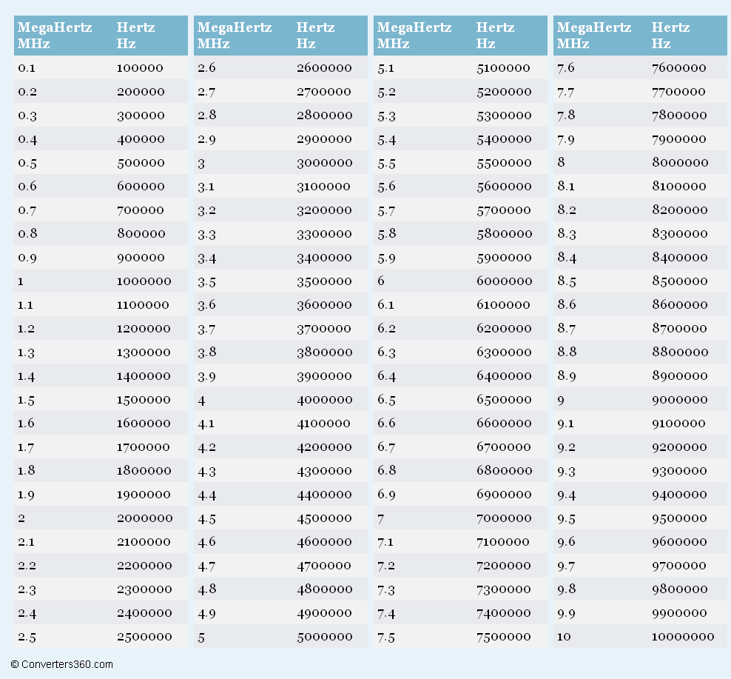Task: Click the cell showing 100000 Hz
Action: click(140, 68)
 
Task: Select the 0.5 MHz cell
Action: click(27, 163)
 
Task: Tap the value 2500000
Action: click(144, 637)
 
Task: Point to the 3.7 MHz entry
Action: click(206, 329)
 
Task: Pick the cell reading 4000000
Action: click(325, 400)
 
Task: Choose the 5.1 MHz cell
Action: click(386, 68)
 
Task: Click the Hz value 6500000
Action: click(504, 400)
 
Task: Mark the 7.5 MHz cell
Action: click(386, 637)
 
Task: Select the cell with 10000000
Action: click(683, 637)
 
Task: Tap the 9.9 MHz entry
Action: click(566, 613)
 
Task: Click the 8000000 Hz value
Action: click(680, 163)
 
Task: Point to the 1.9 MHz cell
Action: click(26, 495)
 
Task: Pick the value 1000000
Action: click(144, 281)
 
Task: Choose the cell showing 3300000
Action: click(325, 234)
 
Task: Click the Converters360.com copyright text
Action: click(62, 664)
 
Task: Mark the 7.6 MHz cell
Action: click(565, 68)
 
